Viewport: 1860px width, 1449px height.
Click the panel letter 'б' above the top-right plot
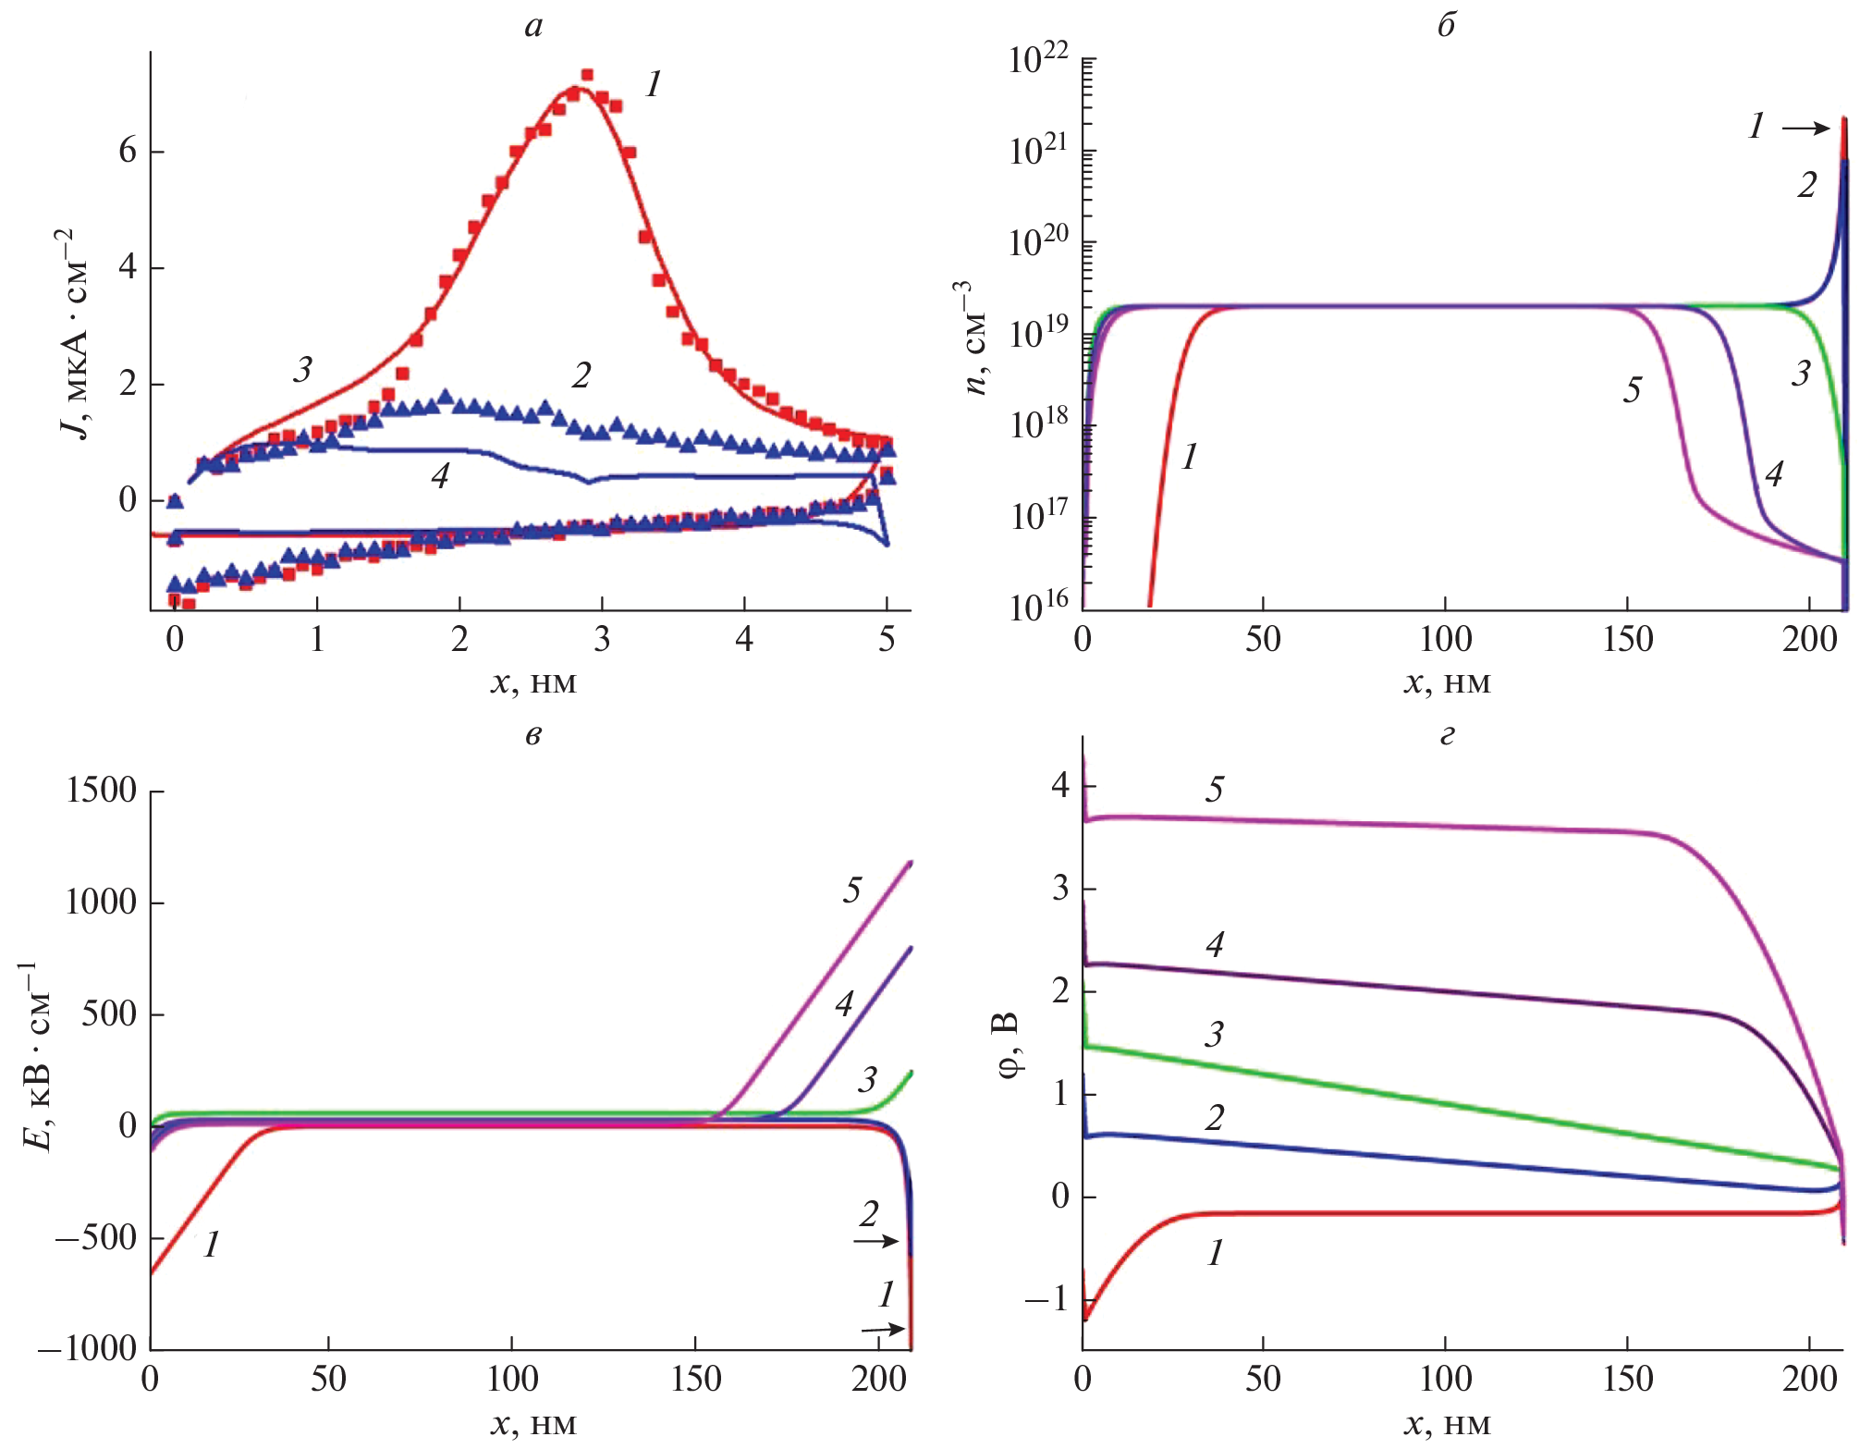click(1446, 25)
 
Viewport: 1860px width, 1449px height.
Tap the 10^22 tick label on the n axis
click(1038, 60)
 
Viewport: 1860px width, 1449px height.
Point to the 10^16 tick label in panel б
click(1038, 607)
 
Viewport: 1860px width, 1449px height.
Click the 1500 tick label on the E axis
click(101, 791)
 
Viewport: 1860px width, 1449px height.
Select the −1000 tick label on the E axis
click(87, 1349)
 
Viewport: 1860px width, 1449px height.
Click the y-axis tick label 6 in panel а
click(128, 151)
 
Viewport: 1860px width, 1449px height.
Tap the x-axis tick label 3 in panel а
click(602, 640)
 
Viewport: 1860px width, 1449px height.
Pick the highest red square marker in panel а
click(587, 75)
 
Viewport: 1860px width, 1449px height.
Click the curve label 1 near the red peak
click(653, 85)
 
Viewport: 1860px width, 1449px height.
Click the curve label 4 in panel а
click(440, 476)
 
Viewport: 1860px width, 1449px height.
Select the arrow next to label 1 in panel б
click(1805, 129)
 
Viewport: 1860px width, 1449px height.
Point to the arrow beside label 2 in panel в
click(875, 1241)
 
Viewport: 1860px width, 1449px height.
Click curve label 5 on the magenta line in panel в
click(851, 890)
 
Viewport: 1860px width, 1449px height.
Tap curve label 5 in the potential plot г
click(1215, 789)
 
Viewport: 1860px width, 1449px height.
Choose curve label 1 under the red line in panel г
click(1215, 1254)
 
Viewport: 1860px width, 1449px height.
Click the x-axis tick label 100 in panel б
click(1445, 640)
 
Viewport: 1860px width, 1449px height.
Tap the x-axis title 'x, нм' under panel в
click(533, 1424)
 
